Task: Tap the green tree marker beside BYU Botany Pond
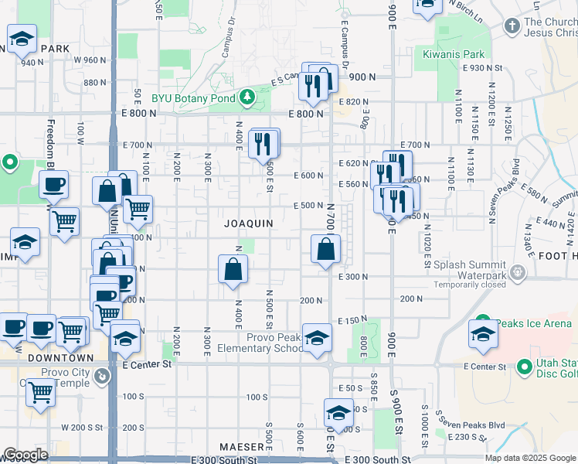pos(246,97)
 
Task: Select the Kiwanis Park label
pos(454,54)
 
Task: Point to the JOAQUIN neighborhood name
pos(249,223)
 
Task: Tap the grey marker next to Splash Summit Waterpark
pos(518,272)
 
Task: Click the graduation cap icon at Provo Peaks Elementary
pos(317,338)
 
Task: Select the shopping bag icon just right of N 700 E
pos(326,249)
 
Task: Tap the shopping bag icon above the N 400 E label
pos(233,269)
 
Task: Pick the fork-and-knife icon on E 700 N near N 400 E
pos(263,143)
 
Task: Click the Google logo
pos(25,455)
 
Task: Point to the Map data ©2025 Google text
pos(529,458)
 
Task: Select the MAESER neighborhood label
pos(242,447)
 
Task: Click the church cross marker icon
pos(511,26)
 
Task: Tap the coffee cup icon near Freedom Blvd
pos(53,184)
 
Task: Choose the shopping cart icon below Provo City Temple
pos(40,391)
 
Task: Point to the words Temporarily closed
pos(469,285)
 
